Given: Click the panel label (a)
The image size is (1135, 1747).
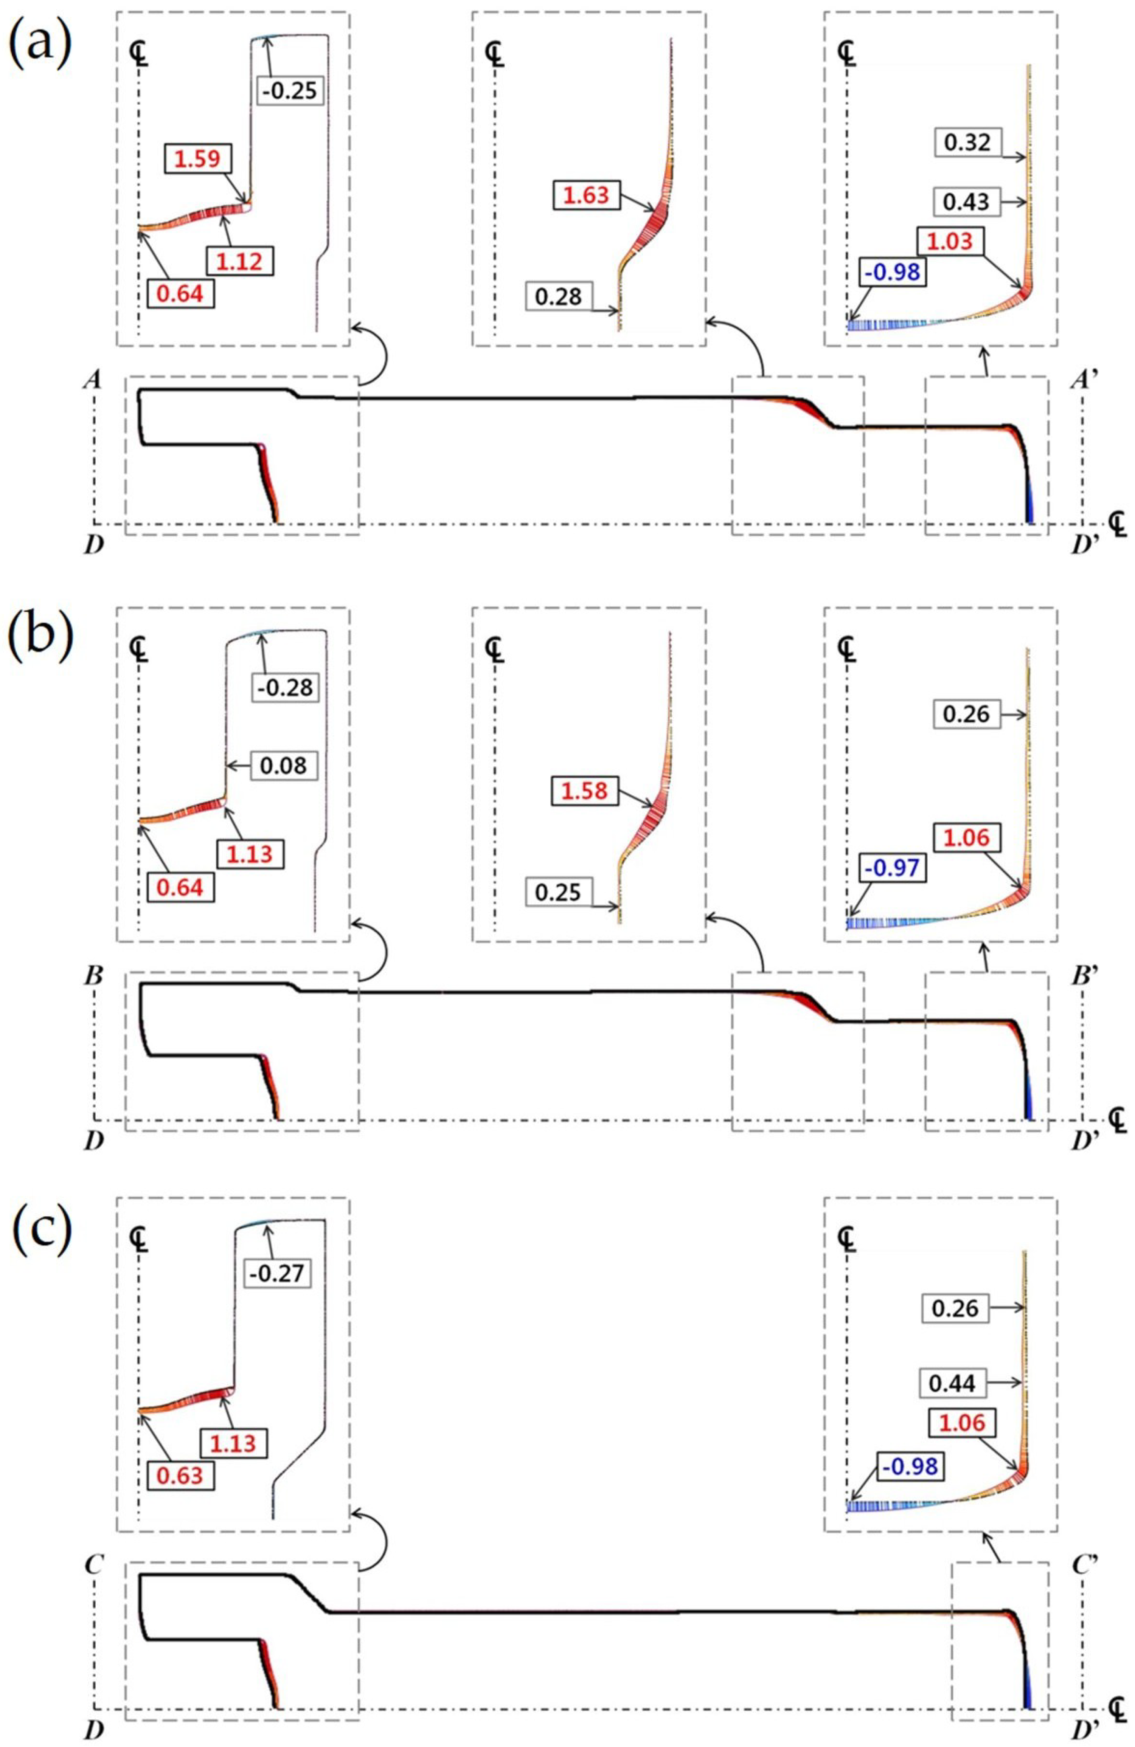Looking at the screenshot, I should pos(40,43).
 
